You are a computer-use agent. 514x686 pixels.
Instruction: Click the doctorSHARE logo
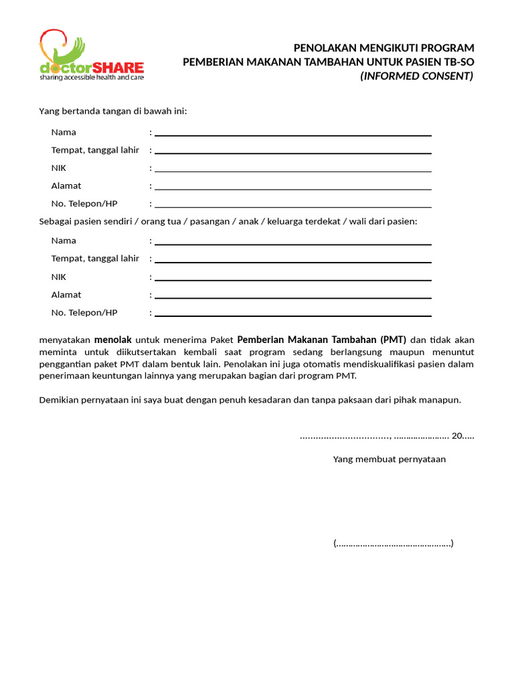coord(91,55)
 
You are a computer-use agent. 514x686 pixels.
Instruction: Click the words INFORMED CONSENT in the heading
coord(416,76)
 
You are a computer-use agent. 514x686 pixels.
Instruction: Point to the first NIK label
coord(59,168)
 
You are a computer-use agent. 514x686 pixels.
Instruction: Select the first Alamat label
coord(66,186)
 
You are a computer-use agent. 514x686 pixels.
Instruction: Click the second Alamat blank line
coord(293,297)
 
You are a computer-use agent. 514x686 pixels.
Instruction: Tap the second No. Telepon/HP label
coord(84,312)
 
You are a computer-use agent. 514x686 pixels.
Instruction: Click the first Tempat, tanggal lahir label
coord(95,150)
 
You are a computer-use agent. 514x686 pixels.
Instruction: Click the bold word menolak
coord(113,339)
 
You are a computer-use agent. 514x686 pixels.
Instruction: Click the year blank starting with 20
coord(462,436)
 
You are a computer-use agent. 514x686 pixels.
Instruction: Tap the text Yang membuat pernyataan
coord(390,460)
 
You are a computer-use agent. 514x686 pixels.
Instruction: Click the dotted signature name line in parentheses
coord(394,543)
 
